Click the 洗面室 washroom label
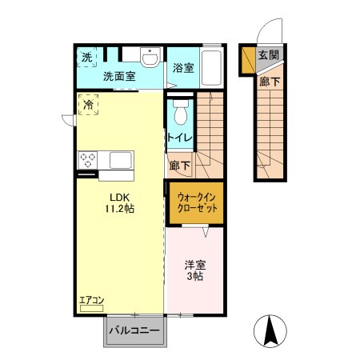118,76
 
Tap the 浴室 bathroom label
183,68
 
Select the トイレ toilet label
178,138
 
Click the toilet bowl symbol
180,113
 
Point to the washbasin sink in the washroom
150,58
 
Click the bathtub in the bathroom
212,68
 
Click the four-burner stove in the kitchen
86,159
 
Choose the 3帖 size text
194,277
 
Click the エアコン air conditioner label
91,300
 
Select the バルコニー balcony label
134,330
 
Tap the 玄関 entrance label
268,55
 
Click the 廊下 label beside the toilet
180,166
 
